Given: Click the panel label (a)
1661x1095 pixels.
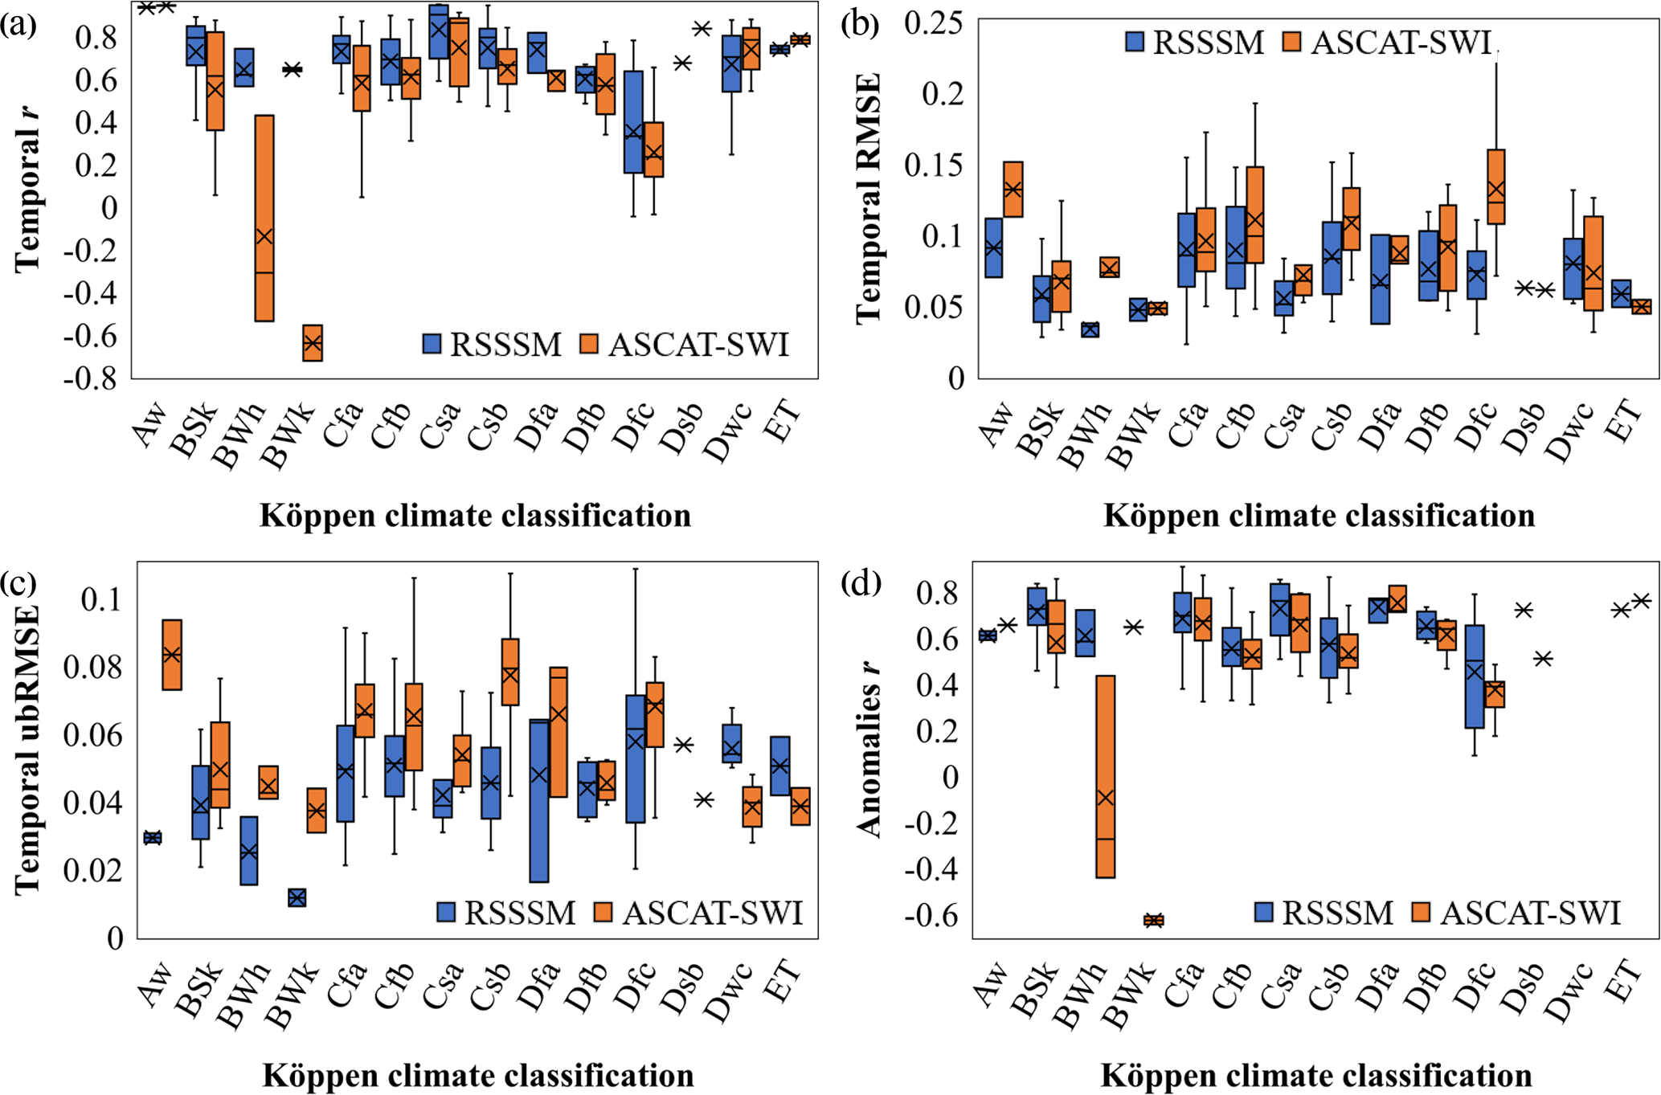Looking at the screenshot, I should click(18, 26).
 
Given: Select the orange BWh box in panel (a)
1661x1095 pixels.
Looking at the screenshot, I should click(264, 218).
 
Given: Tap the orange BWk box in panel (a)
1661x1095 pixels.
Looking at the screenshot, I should click(313, 343).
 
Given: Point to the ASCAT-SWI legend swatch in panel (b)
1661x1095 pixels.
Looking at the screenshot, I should click(1292, 42).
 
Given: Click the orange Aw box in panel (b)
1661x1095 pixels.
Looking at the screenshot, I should click(1013, 190).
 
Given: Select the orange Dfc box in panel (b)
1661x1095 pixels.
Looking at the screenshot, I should click(1495, 186).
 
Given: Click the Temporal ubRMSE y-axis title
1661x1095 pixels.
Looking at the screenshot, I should click(28, 750).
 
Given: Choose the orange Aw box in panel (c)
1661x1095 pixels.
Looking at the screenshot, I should click(172, 655).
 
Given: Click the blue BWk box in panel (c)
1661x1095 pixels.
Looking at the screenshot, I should click(297, 897).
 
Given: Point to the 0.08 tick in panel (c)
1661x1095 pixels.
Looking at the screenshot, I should click(93, 668).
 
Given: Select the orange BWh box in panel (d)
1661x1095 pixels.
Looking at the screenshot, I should click(1106, 776).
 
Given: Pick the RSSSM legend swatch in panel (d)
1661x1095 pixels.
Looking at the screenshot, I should click(1264, 912).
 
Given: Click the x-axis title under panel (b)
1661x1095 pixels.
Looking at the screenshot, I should click(1319, 516).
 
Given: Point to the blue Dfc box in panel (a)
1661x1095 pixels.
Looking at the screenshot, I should click(634, 122).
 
